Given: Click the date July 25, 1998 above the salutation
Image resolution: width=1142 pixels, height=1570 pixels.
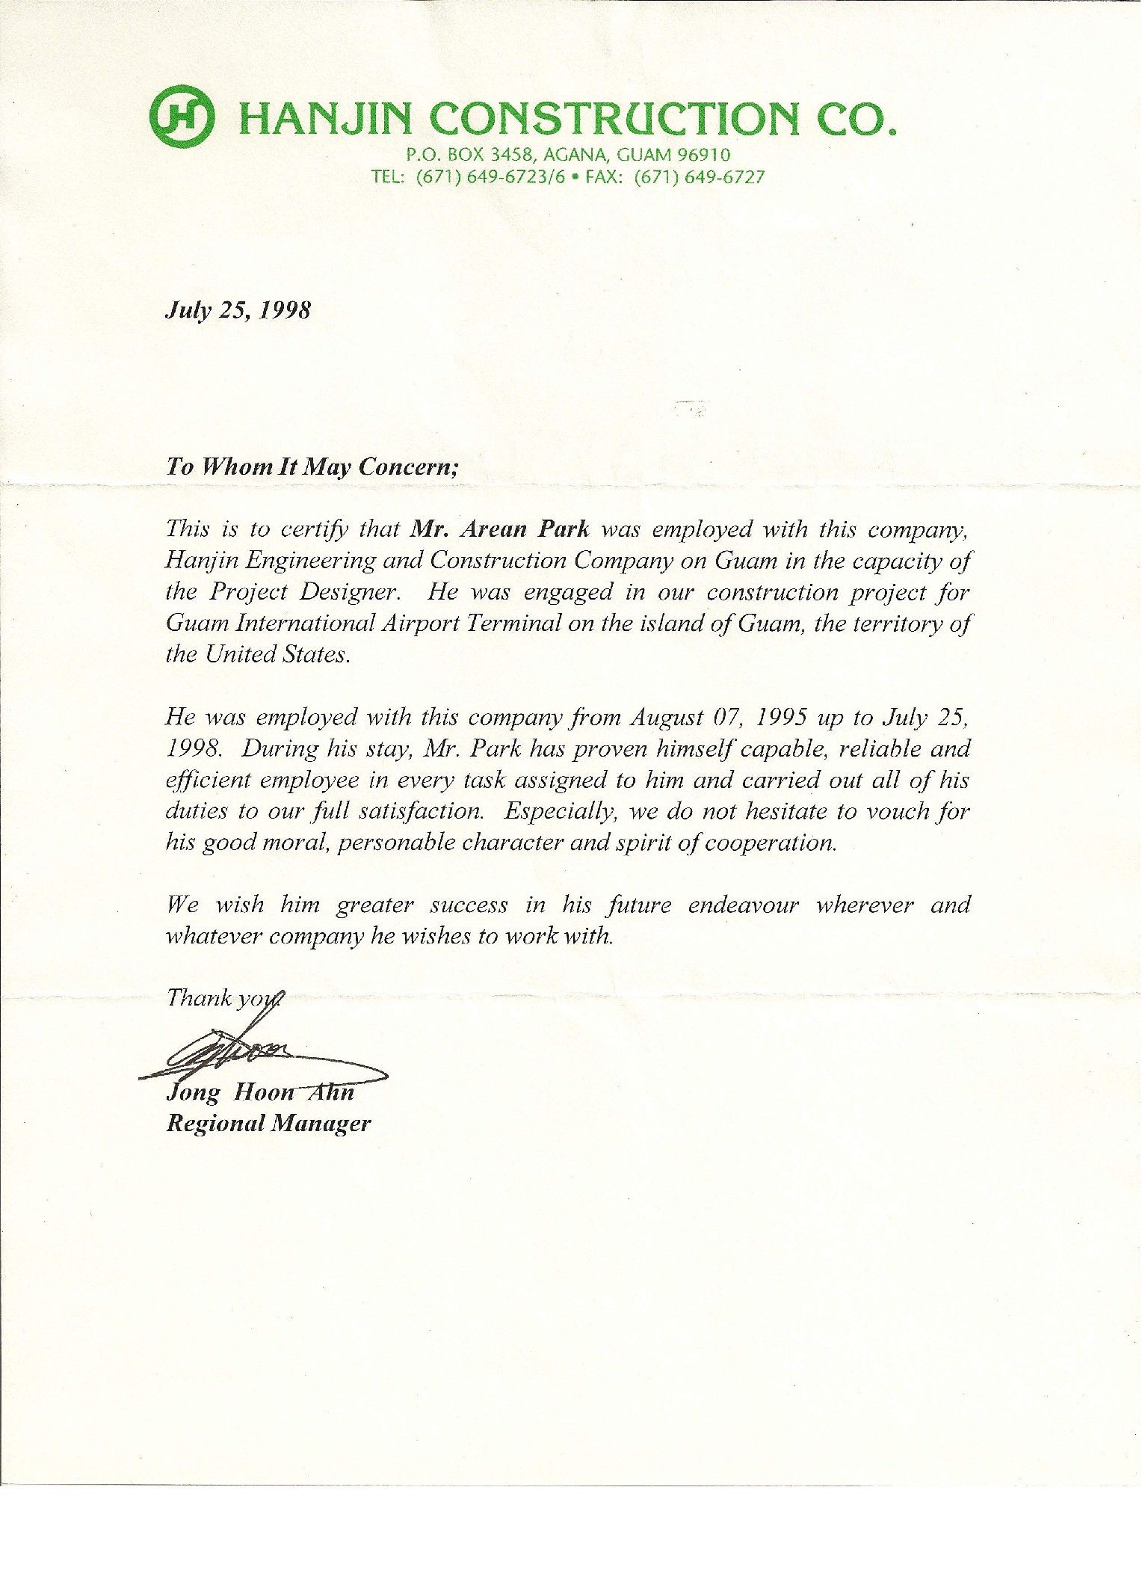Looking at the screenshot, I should [x=238, y=310].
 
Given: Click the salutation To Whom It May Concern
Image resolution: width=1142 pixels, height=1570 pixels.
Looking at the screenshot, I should [x=311, y=467].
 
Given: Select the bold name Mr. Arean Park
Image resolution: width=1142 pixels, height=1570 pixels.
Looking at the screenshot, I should [x=500, y=529].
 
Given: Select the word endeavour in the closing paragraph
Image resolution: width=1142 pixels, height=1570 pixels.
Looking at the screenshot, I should [x=743, y=905].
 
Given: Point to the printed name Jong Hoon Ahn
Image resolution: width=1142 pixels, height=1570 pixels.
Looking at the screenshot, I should [x=259, y=1093].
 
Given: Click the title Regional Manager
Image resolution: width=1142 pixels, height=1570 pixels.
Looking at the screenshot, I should [x=268, y=1124].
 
